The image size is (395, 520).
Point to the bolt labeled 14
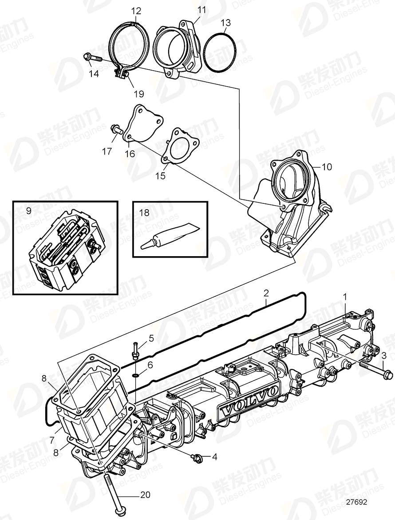pos(91,57)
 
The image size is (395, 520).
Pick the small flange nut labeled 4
pos(194,456)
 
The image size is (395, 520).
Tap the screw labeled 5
pos(134,349)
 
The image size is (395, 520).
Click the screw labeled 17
pos(117,129)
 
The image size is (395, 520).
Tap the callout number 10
pos(326,167)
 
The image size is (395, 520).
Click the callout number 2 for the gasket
pos(266,293)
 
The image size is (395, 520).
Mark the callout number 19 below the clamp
pos(139,94)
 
